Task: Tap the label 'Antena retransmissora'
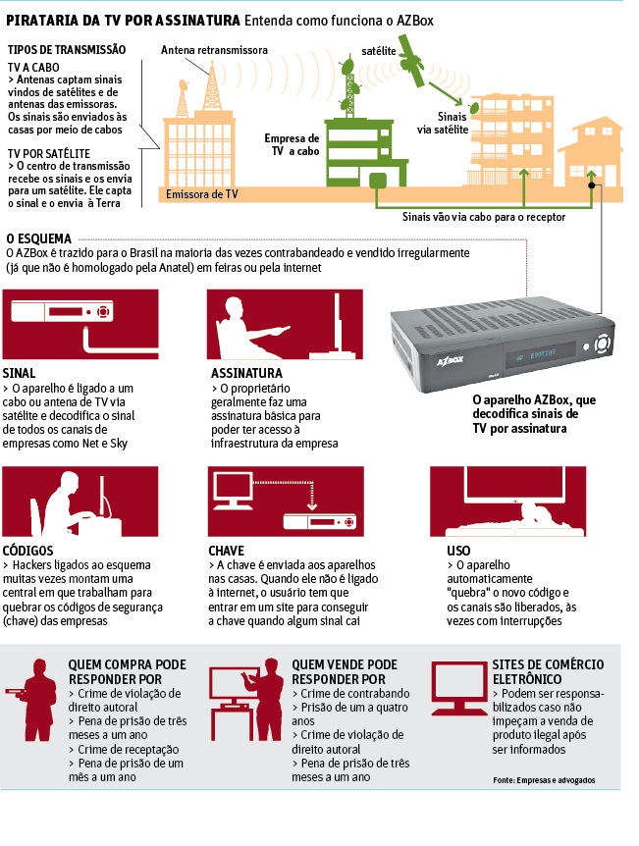coord(214,50)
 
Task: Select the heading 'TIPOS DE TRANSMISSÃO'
coord(67,50)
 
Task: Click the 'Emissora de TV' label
coord(202,194)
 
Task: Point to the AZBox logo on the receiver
coord(451,360)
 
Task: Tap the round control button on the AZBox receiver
coord(603,344)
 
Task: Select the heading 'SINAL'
coord(19,373)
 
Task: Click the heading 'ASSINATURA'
coord(246,373)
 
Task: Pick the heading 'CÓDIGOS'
coord(28,550)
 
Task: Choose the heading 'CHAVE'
coord(226,551)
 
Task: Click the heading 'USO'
coord(458,551)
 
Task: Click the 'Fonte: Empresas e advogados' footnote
coord(544,779)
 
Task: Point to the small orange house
coord(589,154)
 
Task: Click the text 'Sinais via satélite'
coord(443,123)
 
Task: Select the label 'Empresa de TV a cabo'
coord(292,144)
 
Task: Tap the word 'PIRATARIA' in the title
coord(42,21)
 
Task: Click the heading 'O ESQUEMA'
coord(39,238)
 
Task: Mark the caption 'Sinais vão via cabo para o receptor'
coord(484,217)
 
